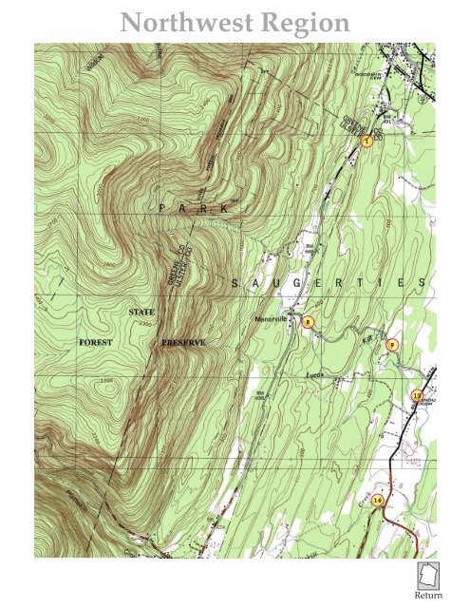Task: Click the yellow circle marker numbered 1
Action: pyautogui.click(x=366, y=141)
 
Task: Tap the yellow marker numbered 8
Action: pyautogui.click(x=307, y=322)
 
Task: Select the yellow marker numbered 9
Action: pyautogui.click(x=392, y=346)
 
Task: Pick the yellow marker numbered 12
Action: pyautogui.click(x=416, y=395)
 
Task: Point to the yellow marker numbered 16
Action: pyautogui.click(x=377, y=500)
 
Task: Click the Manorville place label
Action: pyautogui.click(x=272, y=319)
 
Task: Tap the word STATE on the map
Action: pyautogui.click(x=141, y=312)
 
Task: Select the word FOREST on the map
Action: pyautogui.click(x=96, y=341)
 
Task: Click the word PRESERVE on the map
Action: pyautogui.click(x=184, y=341)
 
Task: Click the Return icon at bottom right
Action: pyautogui.click(x=429, y=577)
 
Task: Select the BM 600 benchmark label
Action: pyautogui.click(x=257, y=395)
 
